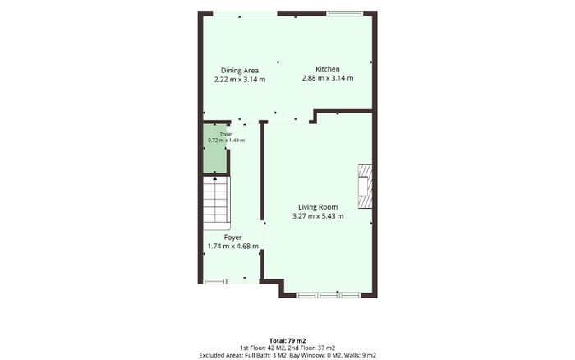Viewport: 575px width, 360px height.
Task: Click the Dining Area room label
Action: pos(240,70)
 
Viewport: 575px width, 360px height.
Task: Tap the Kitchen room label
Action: pos(328,68)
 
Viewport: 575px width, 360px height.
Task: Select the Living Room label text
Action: pos(318,207)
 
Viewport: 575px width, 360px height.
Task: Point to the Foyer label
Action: pos(232,238)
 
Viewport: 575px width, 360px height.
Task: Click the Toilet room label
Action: pos(226,134)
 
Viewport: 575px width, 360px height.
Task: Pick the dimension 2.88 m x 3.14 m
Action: pos(328,78)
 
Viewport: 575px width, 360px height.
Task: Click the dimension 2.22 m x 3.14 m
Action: pos(240,79)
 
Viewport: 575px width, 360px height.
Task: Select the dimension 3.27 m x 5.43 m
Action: pos(318,216)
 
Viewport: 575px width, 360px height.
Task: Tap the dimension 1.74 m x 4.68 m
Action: pos(232,247)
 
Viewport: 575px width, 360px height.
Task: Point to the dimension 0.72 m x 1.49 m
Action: pos(226,141)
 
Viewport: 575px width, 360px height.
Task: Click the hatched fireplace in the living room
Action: pos(366,187)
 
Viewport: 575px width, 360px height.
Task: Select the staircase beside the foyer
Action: pos(217,201)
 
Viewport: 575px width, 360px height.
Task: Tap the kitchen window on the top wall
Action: pos(345,14)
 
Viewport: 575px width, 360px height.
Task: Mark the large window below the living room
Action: pos(329,295)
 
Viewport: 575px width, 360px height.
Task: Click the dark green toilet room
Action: pos(215,148)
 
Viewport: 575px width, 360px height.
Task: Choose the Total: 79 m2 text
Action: pos(287,340)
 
